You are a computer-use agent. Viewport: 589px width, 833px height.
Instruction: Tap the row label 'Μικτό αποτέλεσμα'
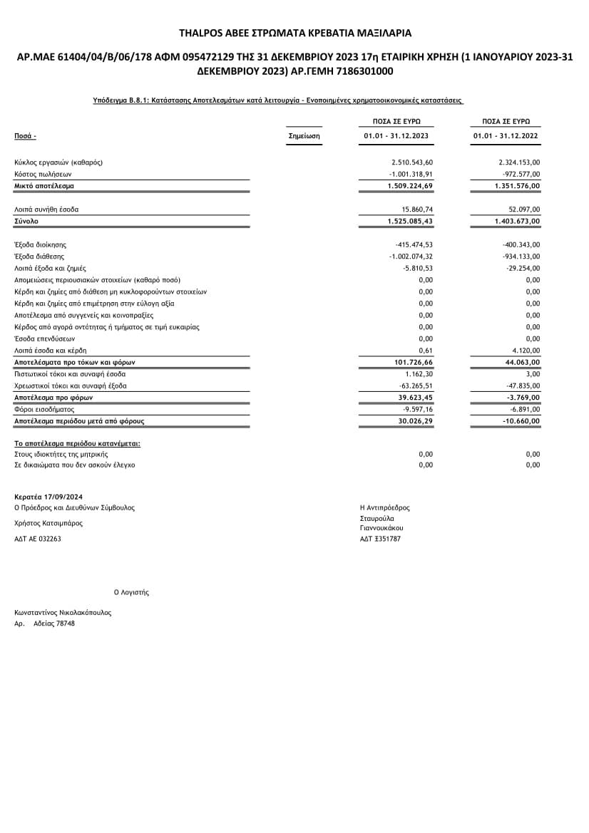click(x=44, y=186)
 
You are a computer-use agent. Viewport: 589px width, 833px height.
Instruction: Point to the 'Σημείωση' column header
click(x=304, y=135)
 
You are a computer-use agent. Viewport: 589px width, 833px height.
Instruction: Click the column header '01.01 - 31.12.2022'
click(x=506, y=135)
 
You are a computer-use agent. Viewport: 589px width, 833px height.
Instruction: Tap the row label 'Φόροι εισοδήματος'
click(x=44, y=410)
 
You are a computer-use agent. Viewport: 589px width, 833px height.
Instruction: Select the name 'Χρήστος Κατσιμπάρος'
click(x=48, y=523)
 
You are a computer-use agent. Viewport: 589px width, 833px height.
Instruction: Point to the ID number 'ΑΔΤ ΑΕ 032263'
click(x=38, y=539)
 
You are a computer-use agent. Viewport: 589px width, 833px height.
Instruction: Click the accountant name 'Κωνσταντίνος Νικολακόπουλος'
click(x=63, y=613)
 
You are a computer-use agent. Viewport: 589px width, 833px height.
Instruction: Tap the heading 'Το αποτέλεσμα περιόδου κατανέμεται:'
click(x=77, y=443)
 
